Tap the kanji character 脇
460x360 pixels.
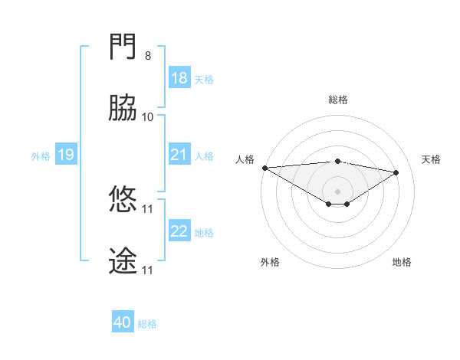[123, 110]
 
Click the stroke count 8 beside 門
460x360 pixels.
[148, 56]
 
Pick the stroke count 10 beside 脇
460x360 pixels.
[148, 116]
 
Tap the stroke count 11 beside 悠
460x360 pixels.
[148, 208]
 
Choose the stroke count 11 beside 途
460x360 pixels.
[148, 270]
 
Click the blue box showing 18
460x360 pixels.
[179, 78]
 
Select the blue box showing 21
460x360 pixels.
[179, 155]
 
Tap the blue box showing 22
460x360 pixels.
[179, 231]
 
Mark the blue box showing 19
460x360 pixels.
[65, 155]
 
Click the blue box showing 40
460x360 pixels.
[123, 323]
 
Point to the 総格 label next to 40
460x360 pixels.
[147, 324]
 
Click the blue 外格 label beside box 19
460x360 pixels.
[41, 156]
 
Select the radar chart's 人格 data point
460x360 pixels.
[264, 168]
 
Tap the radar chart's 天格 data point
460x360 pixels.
[396, 172]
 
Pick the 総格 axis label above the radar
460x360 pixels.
[338, 100]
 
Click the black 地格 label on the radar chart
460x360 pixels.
[402, 262]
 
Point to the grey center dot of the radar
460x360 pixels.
[338, 191]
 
